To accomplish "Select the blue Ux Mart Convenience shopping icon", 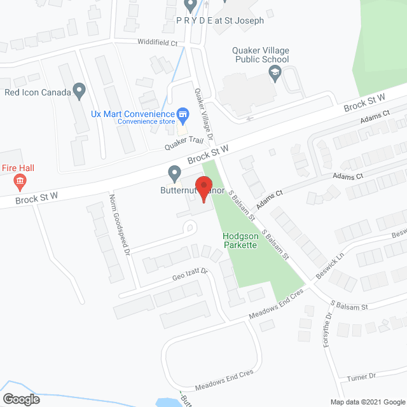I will point(183,115).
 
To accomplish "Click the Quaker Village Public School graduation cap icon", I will point(275,74).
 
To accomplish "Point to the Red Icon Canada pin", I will point(79,92).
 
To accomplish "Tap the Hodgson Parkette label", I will point(240,240).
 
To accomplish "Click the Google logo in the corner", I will point(20,399).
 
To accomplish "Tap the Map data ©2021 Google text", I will point(367,402).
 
